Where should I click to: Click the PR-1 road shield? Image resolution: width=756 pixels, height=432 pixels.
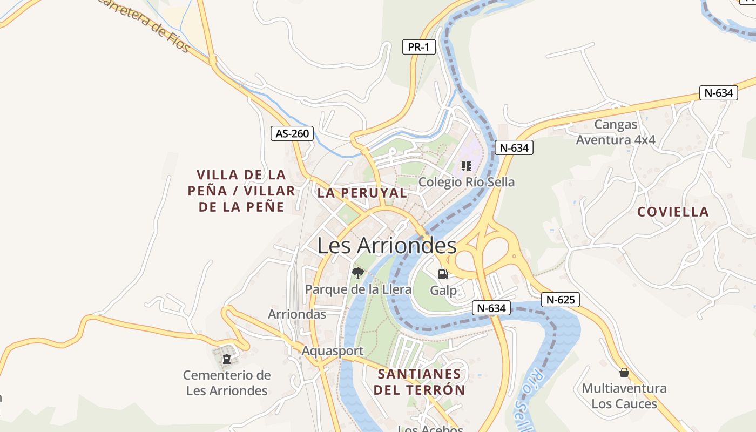[418, 47]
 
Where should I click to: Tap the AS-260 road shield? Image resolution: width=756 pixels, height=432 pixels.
[292, 133]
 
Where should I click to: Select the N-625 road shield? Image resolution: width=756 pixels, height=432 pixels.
[560, 300]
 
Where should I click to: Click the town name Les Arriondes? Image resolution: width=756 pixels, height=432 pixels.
[387, 246]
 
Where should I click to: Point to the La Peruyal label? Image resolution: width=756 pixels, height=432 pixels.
[362, 193]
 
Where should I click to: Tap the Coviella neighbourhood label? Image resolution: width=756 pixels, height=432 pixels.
[673, 212]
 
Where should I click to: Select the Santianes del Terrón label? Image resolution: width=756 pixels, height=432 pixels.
[419, 382]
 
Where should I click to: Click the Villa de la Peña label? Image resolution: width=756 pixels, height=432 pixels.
[241, 190]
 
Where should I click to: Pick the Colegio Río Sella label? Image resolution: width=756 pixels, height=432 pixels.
[467, 182]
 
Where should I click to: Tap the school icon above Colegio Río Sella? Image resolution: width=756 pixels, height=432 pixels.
[467, 166]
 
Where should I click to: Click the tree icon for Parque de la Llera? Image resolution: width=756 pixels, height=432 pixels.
[357, 273]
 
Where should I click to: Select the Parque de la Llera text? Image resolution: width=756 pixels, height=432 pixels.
[358, 289]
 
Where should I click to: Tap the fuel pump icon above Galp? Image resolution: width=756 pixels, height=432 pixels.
[443, 274]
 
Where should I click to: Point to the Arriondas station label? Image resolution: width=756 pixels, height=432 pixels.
[297, 314]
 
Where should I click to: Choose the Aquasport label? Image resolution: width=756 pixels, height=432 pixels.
[333, 351]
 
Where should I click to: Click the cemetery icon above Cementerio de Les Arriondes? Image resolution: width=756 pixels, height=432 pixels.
[227, 359]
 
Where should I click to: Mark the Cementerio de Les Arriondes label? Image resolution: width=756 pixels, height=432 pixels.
[227, 382]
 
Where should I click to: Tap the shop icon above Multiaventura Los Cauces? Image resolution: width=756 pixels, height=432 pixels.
[624, 373]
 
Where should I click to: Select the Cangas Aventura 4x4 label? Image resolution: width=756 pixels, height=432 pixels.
[616, 132]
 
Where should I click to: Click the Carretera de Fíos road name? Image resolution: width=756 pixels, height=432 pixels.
[145, 25]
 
